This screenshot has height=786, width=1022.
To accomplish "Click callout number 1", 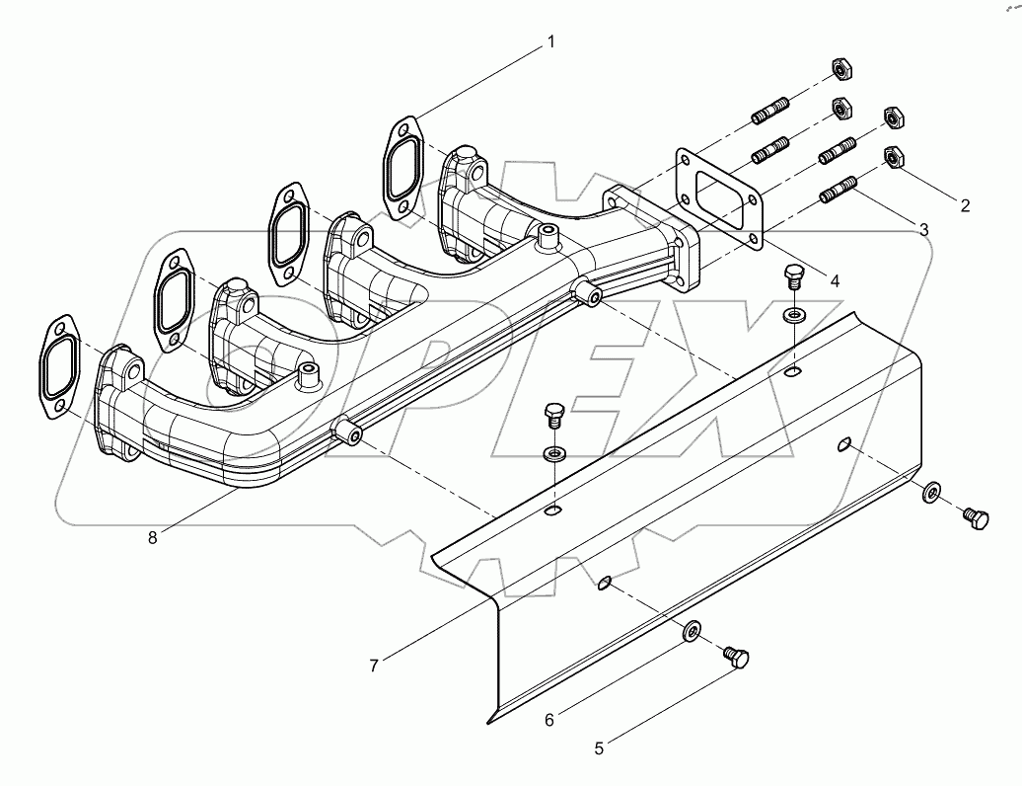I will (551, 41).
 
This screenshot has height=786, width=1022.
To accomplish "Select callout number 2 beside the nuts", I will (965, 205).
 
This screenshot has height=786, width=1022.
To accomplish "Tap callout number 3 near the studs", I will (923, 229).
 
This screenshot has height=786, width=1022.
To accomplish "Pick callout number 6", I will (549, 719).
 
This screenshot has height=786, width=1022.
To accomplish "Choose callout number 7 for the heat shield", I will (374, 666).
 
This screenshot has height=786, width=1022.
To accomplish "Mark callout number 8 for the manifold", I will (152, 537).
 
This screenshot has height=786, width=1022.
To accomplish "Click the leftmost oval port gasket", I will (58, 364).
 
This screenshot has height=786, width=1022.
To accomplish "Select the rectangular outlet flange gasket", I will (717, 196).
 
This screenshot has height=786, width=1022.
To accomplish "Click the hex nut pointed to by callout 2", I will (894, 157).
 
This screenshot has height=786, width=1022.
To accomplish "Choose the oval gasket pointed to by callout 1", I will (401, 167).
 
